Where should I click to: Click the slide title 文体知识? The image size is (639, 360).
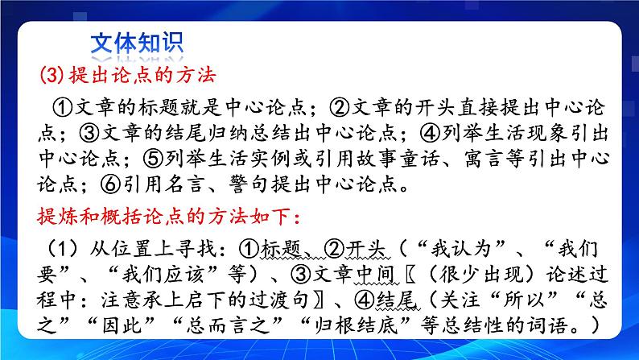[134, 43]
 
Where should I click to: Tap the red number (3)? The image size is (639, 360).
[54, 77]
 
